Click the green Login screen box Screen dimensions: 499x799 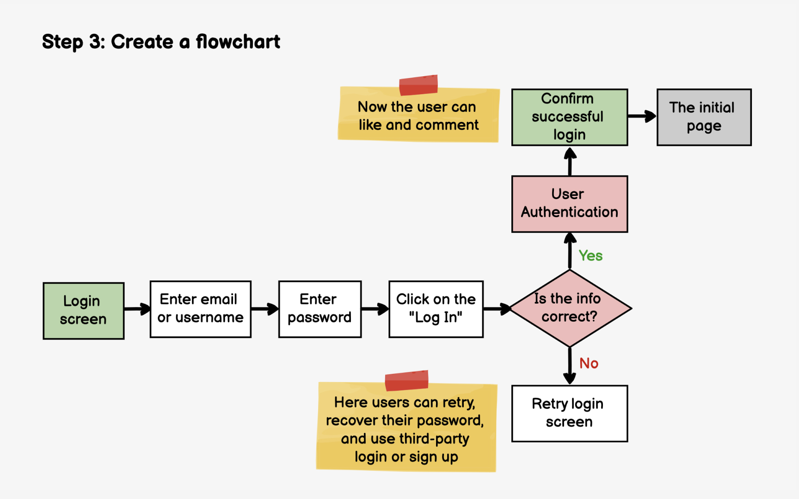point(84,310)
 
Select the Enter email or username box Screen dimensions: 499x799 point(200,309)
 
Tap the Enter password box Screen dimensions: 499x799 point(320,309)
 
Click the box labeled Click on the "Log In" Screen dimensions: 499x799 point(436,309)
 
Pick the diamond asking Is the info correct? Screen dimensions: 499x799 point(570,308)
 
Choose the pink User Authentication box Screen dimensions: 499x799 point(569,204)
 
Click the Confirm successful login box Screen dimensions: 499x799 point(569,117)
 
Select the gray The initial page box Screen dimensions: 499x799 point(704,117)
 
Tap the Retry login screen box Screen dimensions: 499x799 point(569,414)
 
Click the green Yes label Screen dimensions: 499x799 point(590,256)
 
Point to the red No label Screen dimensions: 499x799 point(589,363)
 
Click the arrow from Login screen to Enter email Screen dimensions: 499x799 point(137,309)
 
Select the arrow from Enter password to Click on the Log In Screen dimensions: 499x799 point(375,309)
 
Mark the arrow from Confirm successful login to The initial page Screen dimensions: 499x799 point(642,116)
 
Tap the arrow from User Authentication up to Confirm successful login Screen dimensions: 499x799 point(570,161)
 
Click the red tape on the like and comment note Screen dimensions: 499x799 point(418,85)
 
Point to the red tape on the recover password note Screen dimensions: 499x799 point(406,380)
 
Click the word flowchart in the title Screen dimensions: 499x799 point(238,42)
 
